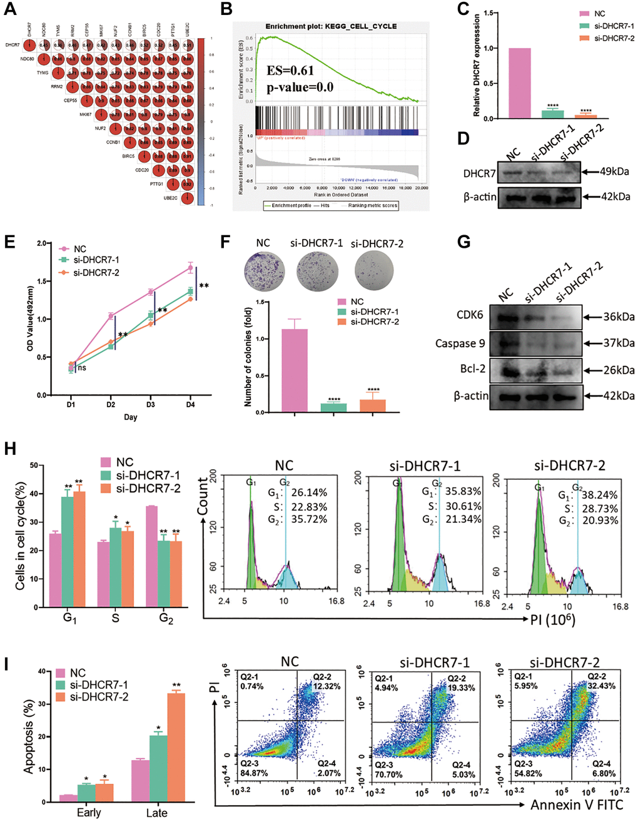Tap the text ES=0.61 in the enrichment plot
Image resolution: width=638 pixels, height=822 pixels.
coord(290,70)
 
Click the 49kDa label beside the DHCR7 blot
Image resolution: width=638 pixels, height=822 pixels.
coord(614,171)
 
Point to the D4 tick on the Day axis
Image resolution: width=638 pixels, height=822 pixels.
coord(190,404)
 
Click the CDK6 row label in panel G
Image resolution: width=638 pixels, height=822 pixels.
coord(470,315)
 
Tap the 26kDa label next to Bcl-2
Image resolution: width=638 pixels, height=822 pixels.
coord(619,370)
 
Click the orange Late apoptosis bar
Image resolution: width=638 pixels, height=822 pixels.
coord(176,747)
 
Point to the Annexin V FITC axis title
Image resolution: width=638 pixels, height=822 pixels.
coord(579,804)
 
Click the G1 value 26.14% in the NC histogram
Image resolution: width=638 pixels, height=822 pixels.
coord(306,493)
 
